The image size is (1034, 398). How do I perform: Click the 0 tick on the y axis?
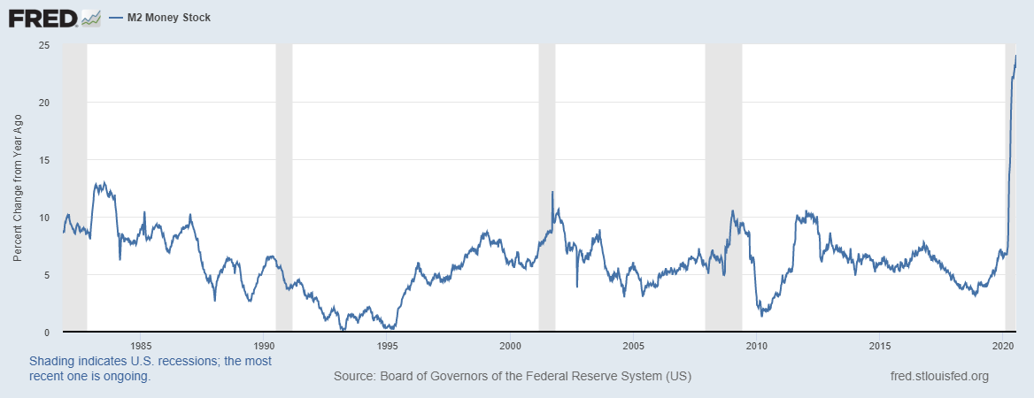(x=46, y=332)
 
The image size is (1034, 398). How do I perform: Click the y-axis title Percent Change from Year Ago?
(x=18, y=188)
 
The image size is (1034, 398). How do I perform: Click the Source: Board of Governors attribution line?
(x=512, y=376)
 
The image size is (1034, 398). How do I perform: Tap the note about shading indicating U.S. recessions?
(x=150, y=368)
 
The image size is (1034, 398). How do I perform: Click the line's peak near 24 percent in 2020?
(x=1015, y=56)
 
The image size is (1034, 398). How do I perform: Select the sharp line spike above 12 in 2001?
(x=552, y=192)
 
